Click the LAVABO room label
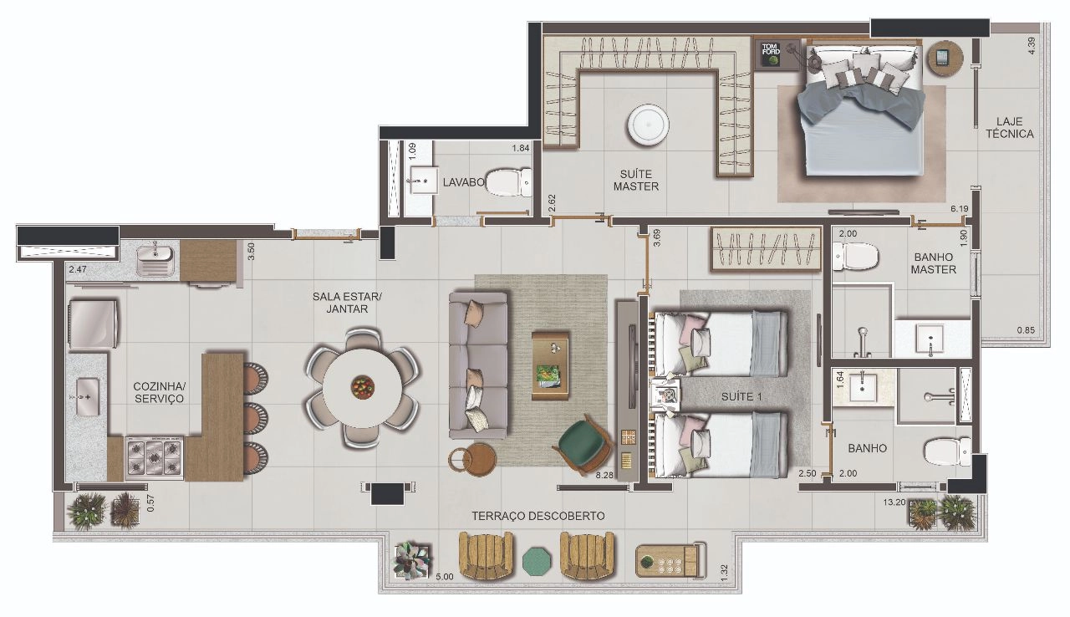[463, 182]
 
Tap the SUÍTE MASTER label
[636, 180]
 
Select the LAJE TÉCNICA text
[1009, 128]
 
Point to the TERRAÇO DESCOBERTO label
[538, 516]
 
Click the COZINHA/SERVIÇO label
[159, 392]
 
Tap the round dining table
[362, 388]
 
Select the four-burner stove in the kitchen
[155, 457]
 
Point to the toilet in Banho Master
[855, 257]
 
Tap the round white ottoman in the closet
[647, 124]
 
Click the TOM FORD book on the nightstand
[771, 54]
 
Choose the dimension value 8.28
[604, 475]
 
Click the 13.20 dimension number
[894, 502]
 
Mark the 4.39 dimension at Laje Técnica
[1032, 46]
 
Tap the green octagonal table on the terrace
[537, 562]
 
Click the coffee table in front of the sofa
[551, 365]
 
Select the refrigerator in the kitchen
[94, 324]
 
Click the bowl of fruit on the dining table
[363, 386]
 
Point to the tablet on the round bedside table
[942, 58]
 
